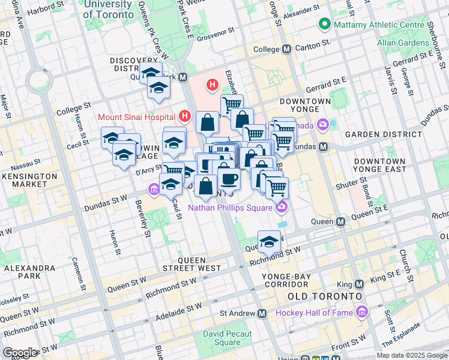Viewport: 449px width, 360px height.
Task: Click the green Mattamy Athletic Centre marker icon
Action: (x=325, y=25)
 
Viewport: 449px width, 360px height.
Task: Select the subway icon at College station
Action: (x=286, y=49)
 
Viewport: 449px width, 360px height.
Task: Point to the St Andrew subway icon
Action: (x=262, y=313)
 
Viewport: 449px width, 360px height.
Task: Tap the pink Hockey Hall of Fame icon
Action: (x=361, y=313)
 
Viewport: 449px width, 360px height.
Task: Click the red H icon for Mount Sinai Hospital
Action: (x=185, y=116)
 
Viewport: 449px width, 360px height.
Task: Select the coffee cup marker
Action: (x=229, y=178)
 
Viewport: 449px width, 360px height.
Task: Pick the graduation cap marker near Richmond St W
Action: (x=270, y=242)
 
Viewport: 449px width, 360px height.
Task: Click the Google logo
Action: (x=20, y=352)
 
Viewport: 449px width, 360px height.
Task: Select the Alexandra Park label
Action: (x=29, y=273)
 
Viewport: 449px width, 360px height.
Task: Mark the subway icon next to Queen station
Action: (x=340, y=221)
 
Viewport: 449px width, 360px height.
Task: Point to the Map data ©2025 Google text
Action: (x=411, y=355)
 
